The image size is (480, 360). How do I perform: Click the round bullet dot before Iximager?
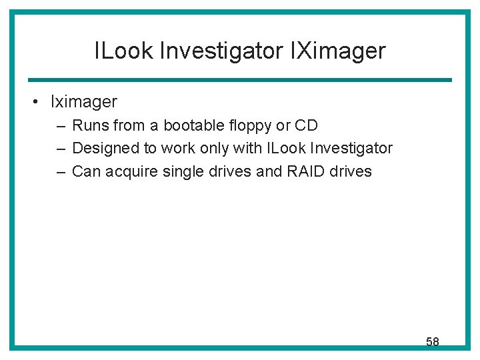click(x=32, y=102)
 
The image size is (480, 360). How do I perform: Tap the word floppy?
click(x=251, y=126)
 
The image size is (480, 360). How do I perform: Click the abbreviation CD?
click(x=306, y=125)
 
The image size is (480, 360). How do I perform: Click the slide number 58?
click(x=432, y=342)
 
